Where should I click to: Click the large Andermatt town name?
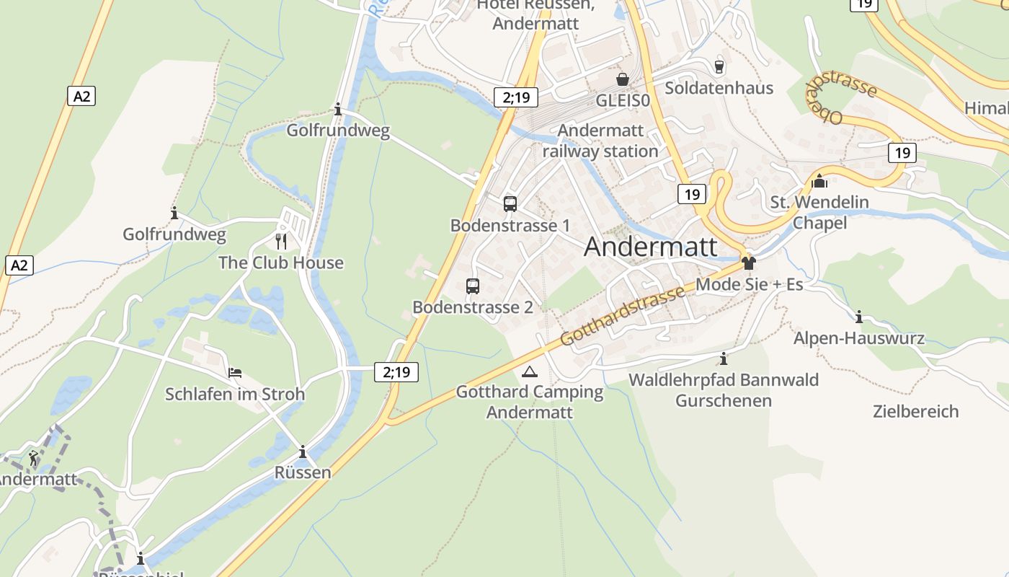(650, 247)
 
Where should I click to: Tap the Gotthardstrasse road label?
(622, 314)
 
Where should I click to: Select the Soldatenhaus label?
(719, 88)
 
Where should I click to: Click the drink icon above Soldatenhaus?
(719, 66)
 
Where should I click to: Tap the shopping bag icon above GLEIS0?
(622, 79)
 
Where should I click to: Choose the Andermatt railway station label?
(600, 141)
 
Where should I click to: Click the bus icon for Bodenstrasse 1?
(510, 203)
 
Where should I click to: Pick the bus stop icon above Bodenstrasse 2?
(473, 286)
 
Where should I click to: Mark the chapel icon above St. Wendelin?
(819, 180)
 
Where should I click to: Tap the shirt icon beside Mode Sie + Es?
(749, 263)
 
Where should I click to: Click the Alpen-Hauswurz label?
(858, 338)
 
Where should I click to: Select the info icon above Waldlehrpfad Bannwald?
(724, 358)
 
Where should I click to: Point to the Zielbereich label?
(915, 412)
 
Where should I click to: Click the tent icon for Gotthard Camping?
(530, 372)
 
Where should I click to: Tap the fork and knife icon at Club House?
(281, 241)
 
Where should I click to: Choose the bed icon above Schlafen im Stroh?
(235, 373)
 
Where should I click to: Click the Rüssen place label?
(303, 472)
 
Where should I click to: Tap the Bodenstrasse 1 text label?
(510, 226)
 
